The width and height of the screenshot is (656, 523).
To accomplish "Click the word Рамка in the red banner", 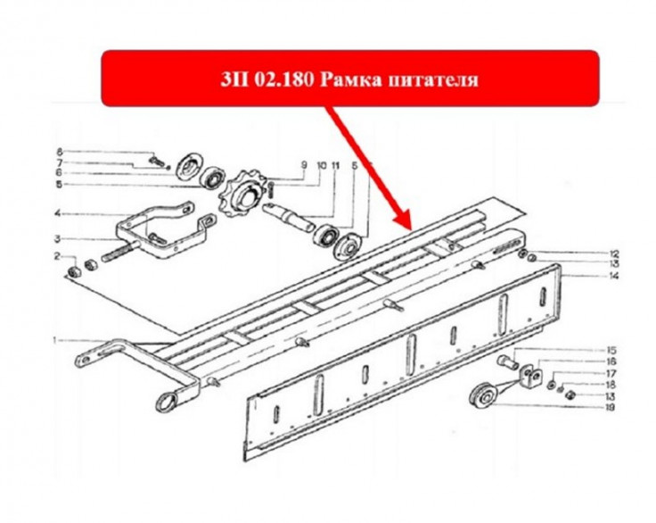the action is [350, 79].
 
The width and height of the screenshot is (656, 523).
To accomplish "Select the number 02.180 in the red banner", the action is [283, 79].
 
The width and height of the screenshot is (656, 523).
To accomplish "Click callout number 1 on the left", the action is [54, 340].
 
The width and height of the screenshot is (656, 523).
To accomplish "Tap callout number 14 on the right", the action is [614, 276].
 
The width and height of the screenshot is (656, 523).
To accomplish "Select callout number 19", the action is [610, 407].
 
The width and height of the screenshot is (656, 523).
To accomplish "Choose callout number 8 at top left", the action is [59, 152].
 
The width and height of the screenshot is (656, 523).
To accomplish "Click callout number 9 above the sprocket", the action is [304, 165].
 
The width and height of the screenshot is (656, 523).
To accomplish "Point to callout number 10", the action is [321, 165].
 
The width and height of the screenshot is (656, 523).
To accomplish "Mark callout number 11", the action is [335, 166].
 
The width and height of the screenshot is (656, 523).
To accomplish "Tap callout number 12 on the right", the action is [614, 253].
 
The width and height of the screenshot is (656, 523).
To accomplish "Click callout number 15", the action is [611, 350].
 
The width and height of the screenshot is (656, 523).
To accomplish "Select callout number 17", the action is [611, 373].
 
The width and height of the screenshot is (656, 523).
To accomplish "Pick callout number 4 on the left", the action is [58, 213].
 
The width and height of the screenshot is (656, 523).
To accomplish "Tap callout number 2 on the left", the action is [58, 256].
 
